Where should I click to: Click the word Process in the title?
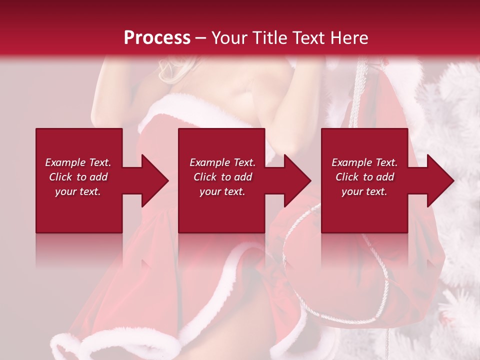(157, 37)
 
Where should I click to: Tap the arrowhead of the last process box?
(440, 180)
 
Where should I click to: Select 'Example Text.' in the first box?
(78, 162)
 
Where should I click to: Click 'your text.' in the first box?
(78, 191)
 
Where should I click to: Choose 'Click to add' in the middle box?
(222, 177)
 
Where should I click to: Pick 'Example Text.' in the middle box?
(222, 162)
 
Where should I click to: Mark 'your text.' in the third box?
(364, 191)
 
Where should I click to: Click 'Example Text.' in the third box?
(364, 162)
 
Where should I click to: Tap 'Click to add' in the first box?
(78, 177)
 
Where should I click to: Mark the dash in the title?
(201, 38)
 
